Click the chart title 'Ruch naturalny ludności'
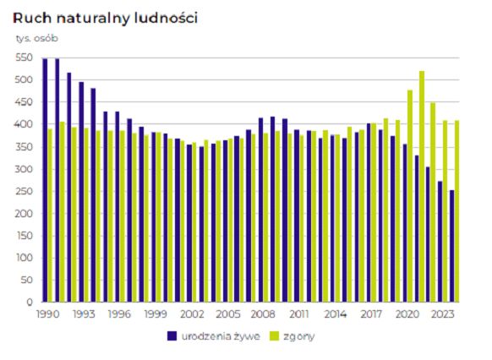coord(106,18)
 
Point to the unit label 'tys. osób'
coord(37,38)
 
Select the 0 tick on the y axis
coord(28,302)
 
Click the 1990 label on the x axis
coord(46,314)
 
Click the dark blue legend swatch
coord(172,335)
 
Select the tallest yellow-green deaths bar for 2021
coord(422,186)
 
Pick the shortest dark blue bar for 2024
coord(452,246)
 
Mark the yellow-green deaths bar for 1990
coord(51,215)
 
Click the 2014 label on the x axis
coord(336,314)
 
